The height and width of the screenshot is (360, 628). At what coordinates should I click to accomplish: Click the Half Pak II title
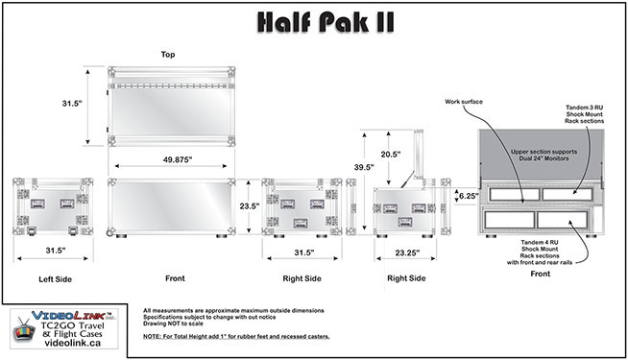(x=326, y=22)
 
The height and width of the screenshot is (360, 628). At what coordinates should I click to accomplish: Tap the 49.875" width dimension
(x=178, y=159)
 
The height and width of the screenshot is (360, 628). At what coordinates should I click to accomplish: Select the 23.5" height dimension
(x=250, y=206)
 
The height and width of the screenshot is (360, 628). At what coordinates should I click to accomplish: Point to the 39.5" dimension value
(x=364, y=167)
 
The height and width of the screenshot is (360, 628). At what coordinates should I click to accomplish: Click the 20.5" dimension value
(x=391, y=155)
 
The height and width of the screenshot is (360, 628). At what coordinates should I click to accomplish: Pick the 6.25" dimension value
(x=469, y=196)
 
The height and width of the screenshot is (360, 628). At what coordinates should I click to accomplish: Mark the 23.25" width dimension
(x=407, y=252)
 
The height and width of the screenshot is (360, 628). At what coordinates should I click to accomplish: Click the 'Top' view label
(x=168, y=55)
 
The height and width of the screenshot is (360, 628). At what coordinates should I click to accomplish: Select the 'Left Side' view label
(x=56, y=279)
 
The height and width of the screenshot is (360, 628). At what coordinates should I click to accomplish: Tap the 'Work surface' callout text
(x=464, y=102)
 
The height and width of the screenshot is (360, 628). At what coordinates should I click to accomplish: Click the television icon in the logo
(x=24, y=329)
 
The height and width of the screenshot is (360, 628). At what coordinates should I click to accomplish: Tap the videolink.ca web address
(x=72, y=343)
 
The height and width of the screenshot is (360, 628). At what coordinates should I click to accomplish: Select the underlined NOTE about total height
(x=236, y=336)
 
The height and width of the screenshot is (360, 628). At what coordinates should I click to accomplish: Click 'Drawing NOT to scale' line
(x=173, y=324)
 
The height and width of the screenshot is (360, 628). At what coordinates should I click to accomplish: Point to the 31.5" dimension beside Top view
(x=72, y=104)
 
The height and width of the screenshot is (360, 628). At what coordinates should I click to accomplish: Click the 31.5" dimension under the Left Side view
(x=56, y=251)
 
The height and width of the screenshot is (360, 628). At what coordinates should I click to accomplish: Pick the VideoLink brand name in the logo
(x=68, y=316)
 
